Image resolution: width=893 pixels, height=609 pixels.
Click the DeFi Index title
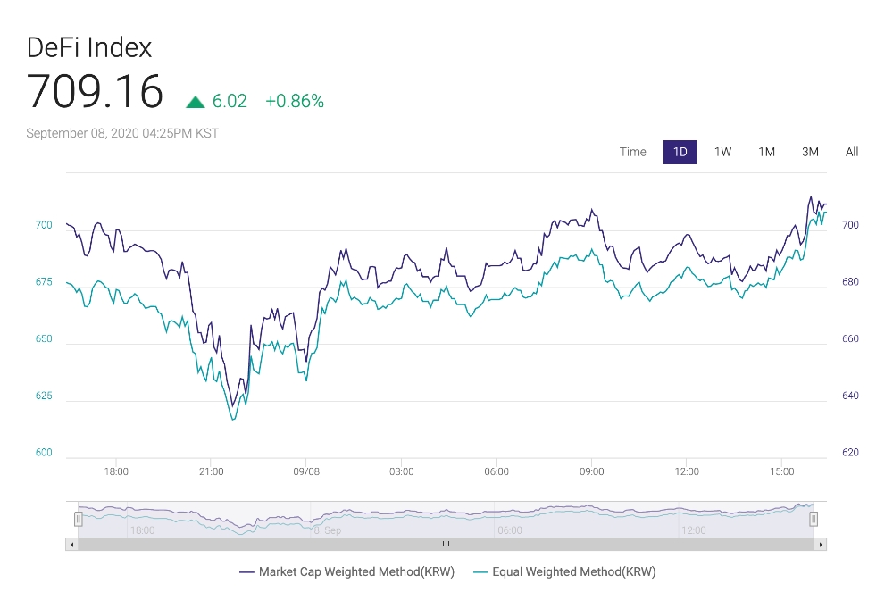tap(89, 47)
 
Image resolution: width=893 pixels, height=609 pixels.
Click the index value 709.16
tap(95, 91)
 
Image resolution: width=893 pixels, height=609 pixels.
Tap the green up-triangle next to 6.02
tap(196, 102)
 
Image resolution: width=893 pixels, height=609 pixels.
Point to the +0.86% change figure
tap(295, 101)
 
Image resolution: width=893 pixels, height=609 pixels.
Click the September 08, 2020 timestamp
tap(122, 133)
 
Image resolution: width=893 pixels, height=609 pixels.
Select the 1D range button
tap(680, 152)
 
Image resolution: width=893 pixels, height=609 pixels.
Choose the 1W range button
tap(723, 152)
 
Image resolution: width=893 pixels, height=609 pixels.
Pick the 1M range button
tap(767, 152)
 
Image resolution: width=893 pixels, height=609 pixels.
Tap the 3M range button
tap(810, 152)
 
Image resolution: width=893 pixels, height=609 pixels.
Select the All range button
tap(852, 152)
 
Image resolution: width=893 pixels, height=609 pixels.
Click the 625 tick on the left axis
tap(44, 396)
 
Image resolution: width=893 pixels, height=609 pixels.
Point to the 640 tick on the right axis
tap(849, 396)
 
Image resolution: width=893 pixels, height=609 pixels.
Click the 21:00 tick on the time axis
tap(211, 471)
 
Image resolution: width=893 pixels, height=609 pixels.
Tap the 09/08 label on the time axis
tap(306, 471)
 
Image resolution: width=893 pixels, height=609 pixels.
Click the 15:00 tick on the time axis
tap(782, 471)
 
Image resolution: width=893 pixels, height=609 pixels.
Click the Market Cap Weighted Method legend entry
tap(347, 572)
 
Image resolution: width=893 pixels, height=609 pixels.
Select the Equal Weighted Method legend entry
tap(565, 572)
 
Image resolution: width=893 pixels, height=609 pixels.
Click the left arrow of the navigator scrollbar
tap(71, 544)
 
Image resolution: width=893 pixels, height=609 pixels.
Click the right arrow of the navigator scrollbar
tap(821, 544)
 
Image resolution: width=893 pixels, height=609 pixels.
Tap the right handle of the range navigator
tap(814, 518)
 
